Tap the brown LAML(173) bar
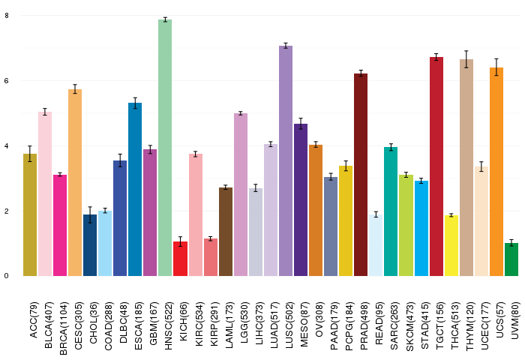[226, 232]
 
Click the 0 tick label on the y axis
[6, 275]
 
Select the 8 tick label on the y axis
[6, 15]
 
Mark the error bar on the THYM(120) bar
[466, 59]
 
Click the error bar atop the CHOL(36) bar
[90, 215]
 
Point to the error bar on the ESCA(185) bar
[135, 103]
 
